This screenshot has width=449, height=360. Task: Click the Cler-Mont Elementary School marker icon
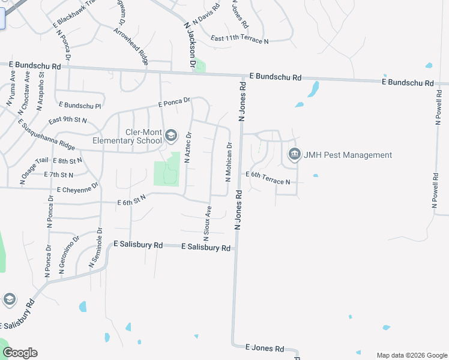[171, 136]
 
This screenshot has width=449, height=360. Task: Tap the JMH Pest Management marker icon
[294, 155]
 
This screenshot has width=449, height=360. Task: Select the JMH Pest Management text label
[348, 155]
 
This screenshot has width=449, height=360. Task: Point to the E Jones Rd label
[265, 348]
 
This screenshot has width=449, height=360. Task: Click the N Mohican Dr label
[229, 161]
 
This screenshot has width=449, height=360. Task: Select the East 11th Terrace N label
[240, 40]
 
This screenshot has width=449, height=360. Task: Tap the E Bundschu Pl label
[77, 106]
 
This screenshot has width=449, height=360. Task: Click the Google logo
[20, 353]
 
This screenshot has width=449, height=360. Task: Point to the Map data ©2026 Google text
[411, 355]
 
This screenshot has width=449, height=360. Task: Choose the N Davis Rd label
[203, 24]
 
